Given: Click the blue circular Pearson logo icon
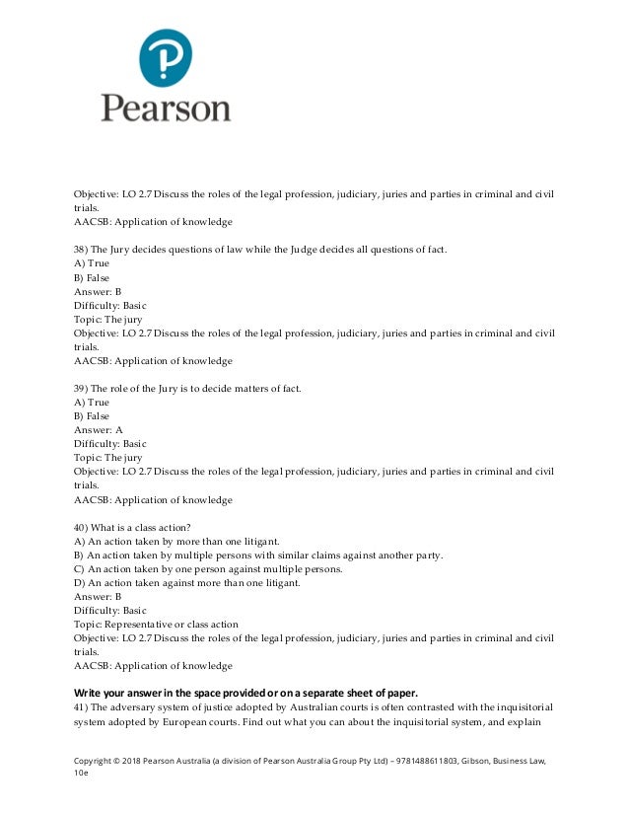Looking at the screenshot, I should (x=165, y=57).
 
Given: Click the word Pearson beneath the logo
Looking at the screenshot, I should (x=165, y=107).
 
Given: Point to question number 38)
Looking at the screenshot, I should (x=83, y=250).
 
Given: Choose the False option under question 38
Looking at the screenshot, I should (x=92, y=277).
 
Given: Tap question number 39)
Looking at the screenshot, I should (x=83, y=389).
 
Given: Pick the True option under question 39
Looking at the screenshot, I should (x=92, y=403).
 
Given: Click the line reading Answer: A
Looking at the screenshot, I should (x=99, y=430).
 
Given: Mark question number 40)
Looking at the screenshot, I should (x=84, y=528).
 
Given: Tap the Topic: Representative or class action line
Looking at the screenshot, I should (x=156, y=625).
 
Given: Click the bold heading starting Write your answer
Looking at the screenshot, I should (x=251, y=690).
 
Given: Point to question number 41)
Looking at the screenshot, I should (x=83, y=707).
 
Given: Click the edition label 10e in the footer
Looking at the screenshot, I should (x=81, y=776).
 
